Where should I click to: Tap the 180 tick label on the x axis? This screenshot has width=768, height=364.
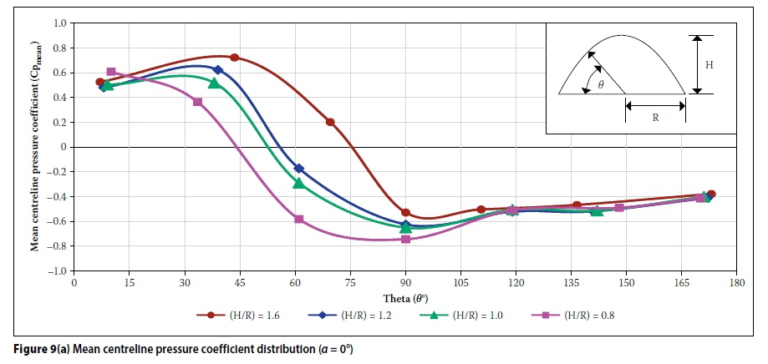coord(735,283)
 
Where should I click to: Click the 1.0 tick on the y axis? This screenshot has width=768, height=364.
coord(59,23)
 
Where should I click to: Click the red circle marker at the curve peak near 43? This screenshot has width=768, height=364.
coord(235,58)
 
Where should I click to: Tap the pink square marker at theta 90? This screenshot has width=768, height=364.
coord(405,239)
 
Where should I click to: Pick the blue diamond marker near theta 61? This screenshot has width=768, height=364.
coord(299,169)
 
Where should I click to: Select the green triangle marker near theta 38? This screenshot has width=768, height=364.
coord(215,83)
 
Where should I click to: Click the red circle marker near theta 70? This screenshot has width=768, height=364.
coord(330,122)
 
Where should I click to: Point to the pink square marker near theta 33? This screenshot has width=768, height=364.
coord(197,102)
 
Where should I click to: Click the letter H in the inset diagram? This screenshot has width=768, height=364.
coord(708,64)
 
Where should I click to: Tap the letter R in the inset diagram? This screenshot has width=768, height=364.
coord(655,118)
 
